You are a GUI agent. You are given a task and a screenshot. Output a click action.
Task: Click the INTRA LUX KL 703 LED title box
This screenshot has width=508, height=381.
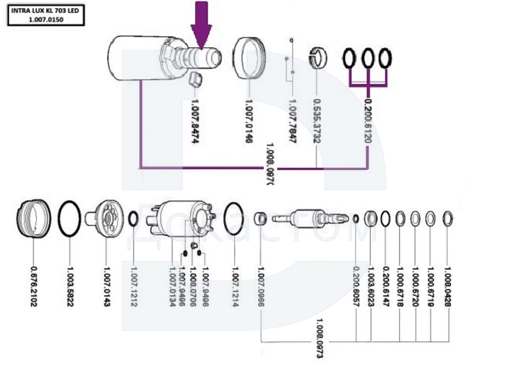point(46,15)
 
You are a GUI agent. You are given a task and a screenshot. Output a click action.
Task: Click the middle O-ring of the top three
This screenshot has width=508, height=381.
point(368,59)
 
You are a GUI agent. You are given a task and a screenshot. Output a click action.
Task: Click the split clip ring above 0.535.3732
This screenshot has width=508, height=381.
point(317,58)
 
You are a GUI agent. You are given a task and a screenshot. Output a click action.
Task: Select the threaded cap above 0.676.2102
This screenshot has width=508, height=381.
point(34,219)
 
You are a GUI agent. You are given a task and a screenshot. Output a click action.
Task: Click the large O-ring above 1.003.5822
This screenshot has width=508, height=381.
point(69,219)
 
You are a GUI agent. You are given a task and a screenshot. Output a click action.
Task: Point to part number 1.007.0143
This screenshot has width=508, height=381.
point(106,286)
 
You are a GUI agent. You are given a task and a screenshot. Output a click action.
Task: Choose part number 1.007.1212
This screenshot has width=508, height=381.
point(133,286)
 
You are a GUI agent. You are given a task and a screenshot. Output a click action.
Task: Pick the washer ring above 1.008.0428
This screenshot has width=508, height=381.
point(447,218)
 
